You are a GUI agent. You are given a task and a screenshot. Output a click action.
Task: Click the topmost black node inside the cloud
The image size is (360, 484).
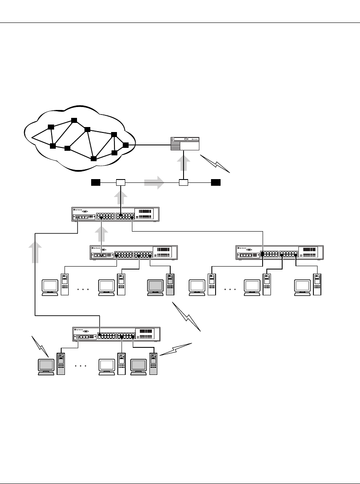[x=74, y=120]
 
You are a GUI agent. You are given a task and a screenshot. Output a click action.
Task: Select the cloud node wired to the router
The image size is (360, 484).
[x=126, y=145]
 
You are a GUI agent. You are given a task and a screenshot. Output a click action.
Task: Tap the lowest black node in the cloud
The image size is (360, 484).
[x=94, y=159]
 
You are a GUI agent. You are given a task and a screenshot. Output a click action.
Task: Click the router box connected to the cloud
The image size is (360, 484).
[x=185, y=144]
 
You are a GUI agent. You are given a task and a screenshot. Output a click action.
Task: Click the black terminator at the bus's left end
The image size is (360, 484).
[x=96, y=182]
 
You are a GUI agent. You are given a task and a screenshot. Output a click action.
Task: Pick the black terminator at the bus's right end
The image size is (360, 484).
[x=216, y=182]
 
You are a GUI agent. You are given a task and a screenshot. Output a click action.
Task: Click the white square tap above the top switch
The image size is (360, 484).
[x=120, y=182]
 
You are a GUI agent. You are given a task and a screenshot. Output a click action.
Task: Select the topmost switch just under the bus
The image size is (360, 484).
[x=115, y=215]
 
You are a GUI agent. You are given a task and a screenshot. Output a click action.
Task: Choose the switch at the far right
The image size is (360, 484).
[x=279, y=252]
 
